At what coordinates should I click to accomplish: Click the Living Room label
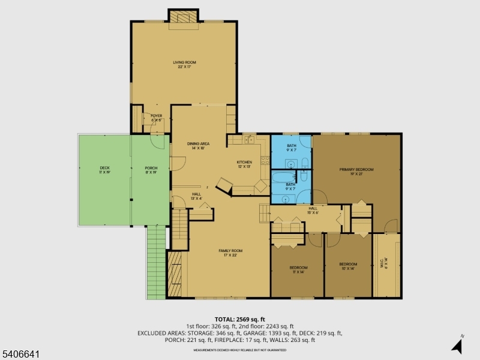tap(184, 64)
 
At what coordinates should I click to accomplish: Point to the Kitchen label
tap(244, 164)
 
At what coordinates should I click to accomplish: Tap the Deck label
tap(104, 170)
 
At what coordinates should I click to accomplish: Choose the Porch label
tap(151, 170)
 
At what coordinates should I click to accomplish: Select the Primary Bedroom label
tap(356, 172)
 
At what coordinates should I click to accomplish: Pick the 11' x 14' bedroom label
tap(298, 269)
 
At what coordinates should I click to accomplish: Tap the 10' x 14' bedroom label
tap(348, 266)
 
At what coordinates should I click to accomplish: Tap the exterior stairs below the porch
tap(155, 264)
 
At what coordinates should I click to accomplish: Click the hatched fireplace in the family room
tap(175, 273)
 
